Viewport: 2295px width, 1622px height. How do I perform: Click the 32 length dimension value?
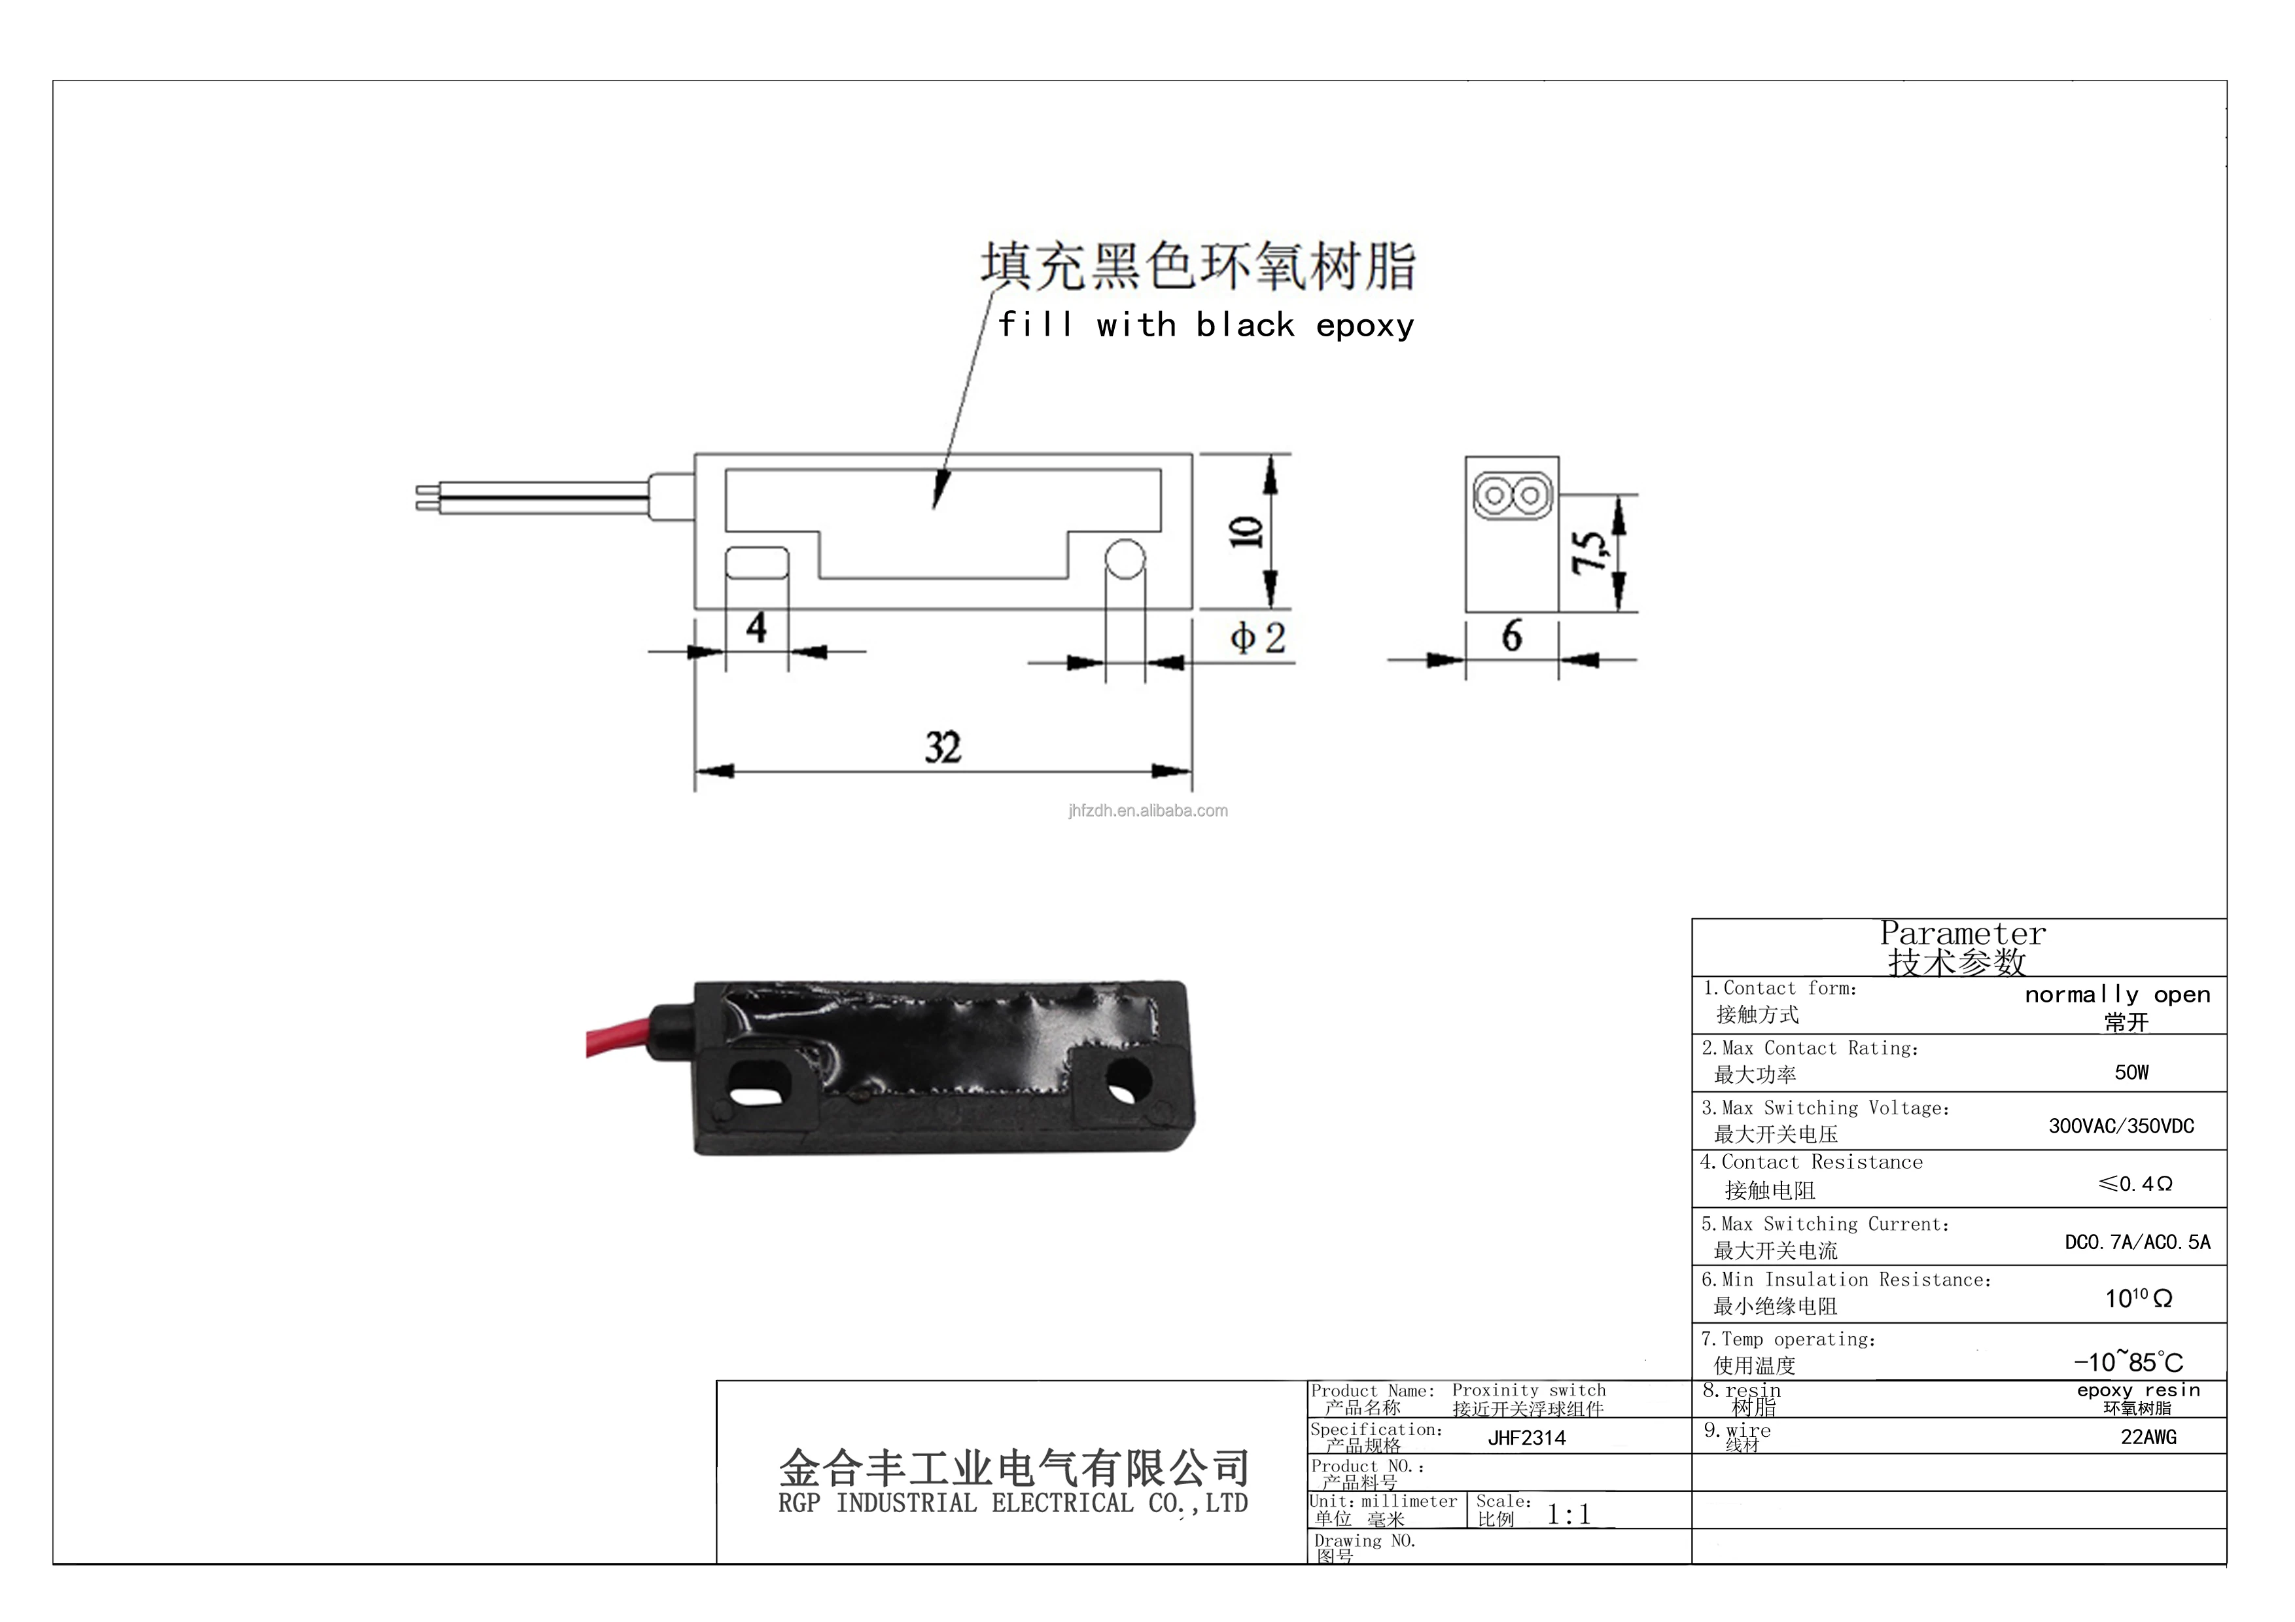tap(943, 748)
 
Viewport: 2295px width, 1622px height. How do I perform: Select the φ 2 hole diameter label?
tap(1257, 637)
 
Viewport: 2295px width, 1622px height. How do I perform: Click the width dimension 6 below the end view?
tap(1511, 635)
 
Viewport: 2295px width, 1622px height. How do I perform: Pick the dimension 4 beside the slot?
tap(757, 627)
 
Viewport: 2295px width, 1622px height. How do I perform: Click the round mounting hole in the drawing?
tap(1125, 559)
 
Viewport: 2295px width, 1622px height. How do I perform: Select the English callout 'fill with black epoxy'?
tap(1206, 325)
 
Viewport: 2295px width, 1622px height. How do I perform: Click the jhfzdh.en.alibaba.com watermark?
tap(1147, 811)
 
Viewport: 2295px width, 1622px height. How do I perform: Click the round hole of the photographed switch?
tap(1129, 1082)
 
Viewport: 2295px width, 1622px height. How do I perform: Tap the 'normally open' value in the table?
tap(2117, 995)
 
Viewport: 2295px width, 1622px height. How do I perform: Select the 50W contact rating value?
tap(2131, 1072)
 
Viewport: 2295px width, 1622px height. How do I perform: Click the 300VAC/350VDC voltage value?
tap(2121, 1126)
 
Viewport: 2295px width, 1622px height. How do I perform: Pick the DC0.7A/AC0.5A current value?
tap(2137, 1243)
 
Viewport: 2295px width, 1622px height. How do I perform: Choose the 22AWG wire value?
tap(2148, 1437)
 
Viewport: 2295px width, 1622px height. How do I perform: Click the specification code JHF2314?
tap(1526, 1438)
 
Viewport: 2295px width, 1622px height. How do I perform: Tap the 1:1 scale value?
tap(1568, 1515)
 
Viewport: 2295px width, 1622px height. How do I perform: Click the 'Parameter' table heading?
tap(1962, 934)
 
